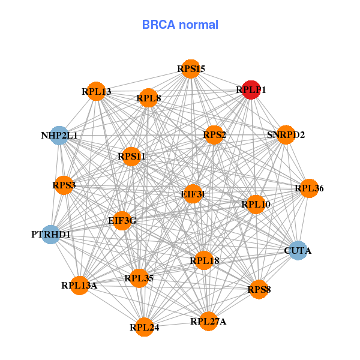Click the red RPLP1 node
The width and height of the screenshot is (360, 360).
point(251,89)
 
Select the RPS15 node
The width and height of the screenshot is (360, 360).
point(191,69)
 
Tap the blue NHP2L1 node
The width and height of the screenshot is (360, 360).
point(59,136)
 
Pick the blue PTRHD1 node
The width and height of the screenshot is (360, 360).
point(50,234)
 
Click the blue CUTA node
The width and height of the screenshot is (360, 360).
point(298,250)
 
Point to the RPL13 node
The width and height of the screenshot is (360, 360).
point(96,91)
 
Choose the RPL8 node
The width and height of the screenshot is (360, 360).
point(148,98)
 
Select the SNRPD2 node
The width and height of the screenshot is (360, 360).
point(286,134)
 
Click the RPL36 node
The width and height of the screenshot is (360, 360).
point(308,188)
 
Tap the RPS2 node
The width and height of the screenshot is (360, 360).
point(214,135)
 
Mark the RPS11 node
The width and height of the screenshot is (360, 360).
point(131,157)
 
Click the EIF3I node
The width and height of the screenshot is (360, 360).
point(193,194)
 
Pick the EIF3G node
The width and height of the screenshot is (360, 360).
point(122,220)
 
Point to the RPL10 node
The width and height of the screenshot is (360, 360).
point(256,205)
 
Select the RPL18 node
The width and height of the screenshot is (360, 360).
point(204,260)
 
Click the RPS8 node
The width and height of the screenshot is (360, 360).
point(259,289)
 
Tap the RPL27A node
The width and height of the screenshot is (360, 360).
point(208,321)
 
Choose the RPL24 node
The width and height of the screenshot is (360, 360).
point(144,327)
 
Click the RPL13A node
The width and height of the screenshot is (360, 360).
point(79,285)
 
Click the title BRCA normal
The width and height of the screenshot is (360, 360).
point(180,25)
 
